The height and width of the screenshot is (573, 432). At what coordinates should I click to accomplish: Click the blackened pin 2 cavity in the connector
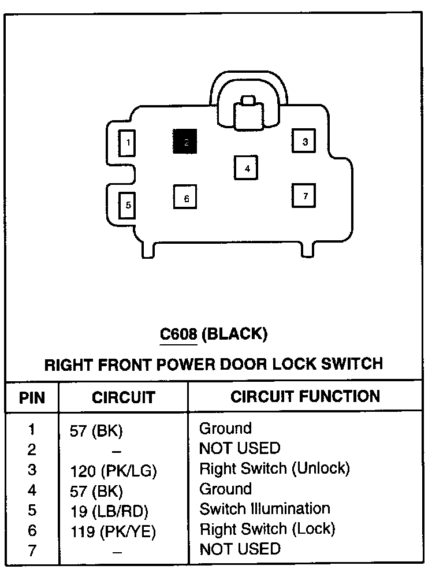point(185,142)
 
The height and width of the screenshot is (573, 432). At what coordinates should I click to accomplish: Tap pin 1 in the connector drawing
point(127,143)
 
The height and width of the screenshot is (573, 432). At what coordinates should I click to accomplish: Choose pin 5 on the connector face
point(127,204)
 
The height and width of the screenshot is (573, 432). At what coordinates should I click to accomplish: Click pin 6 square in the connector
point(185,198)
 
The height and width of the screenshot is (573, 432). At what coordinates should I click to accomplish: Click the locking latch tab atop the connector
point(248,111)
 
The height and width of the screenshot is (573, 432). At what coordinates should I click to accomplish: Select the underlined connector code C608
point(180,333)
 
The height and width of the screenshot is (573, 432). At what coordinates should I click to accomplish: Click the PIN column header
point(32,397)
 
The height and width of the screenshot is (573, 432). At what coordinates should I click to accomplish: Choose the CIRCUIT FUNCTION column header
point(305,396)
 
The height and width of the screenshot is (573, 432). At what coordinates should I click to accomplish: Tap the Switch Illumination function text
point(265,509)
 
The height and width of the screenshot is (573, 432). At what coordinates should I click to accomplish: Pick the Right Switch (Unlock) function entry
point(274,468)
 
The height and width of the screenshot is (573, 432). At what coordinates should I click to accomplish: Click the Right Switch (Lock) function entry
point(267,529)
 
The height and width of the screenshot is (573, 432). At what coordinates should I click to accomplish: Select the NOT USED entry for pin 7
point(239,549)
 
